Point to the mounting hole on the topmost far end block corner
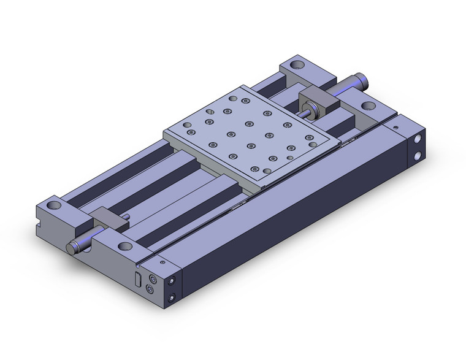tap(298, 64)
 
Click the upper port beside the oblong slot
tap(152, 278)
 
